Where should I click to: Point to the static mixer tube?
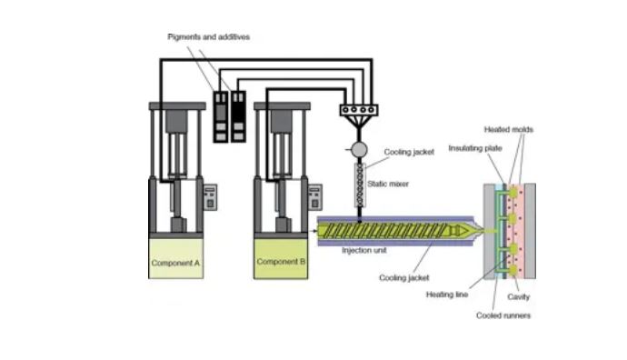pos(360,185)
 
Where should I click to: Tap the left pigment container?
pos(221,116)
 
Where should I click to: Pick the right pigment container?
pos(239,116)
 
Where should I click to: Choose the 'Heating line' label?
pos(446,295)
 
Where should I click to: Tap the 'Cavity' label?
pos(519,296)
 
